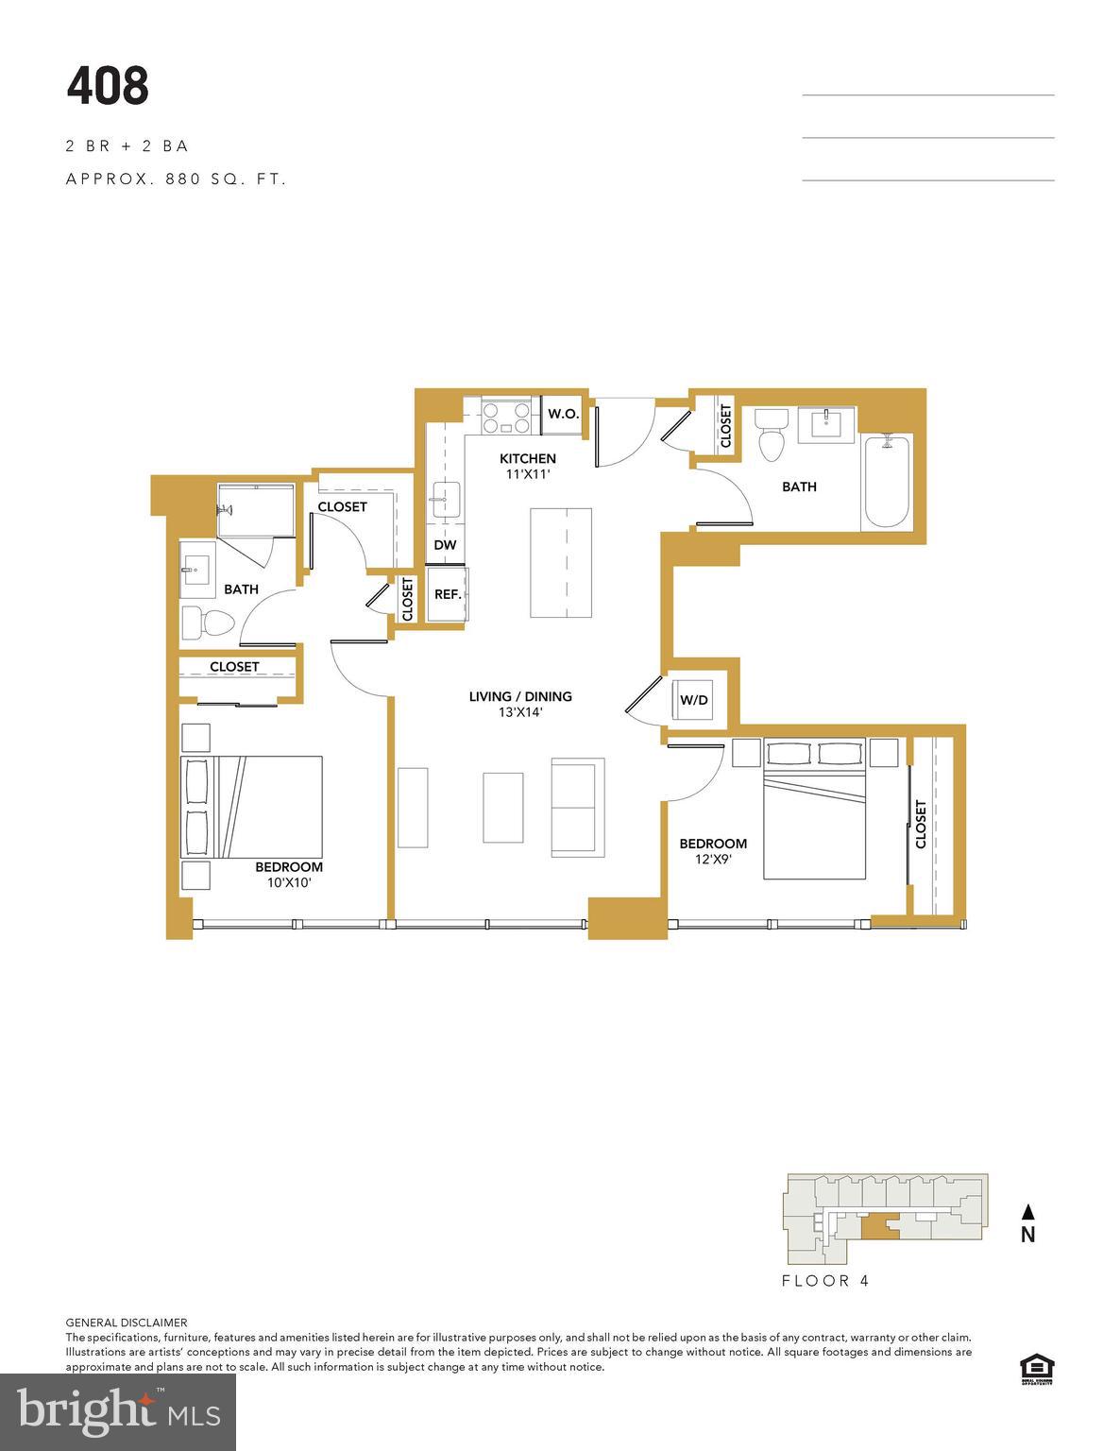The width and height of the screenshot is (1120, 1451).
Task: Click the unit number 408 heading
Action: tap(108, 86)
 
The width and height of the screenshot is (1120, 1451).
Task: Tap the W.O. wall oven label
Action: tap(563, 414)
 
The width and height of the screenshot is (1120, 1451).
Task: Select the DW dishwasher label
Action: tap(445, 545)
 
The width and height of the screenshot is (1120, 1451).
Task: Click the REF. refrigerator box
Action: tap(448, 594)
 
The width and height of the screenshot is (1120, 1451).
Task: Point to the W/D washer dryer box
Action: tap(694, 700)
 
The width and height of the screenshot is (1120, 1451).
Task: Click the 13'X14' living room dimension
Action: tap(520, 713)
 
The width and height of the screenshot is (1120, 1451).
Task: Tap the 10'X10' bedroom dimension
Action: tap(288, 883)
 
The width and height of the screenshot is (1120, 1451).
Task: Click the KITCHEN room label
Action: tap(528, 458)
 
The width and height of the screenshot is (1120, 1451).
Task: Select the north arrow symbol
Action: tap(1028, 1212)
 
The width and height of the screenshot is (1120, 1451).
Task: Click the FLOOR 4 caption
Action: tap(825, 1281)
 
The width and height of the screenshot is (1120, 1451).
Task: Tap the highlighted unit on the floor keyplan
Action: tap(878, 1225)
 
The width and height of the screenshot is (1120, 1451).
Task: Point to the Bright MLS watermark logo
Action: tap(118, 1411)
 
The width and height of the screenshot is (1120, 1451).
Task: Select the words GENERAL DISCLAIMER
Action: tap(127, 1323)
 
